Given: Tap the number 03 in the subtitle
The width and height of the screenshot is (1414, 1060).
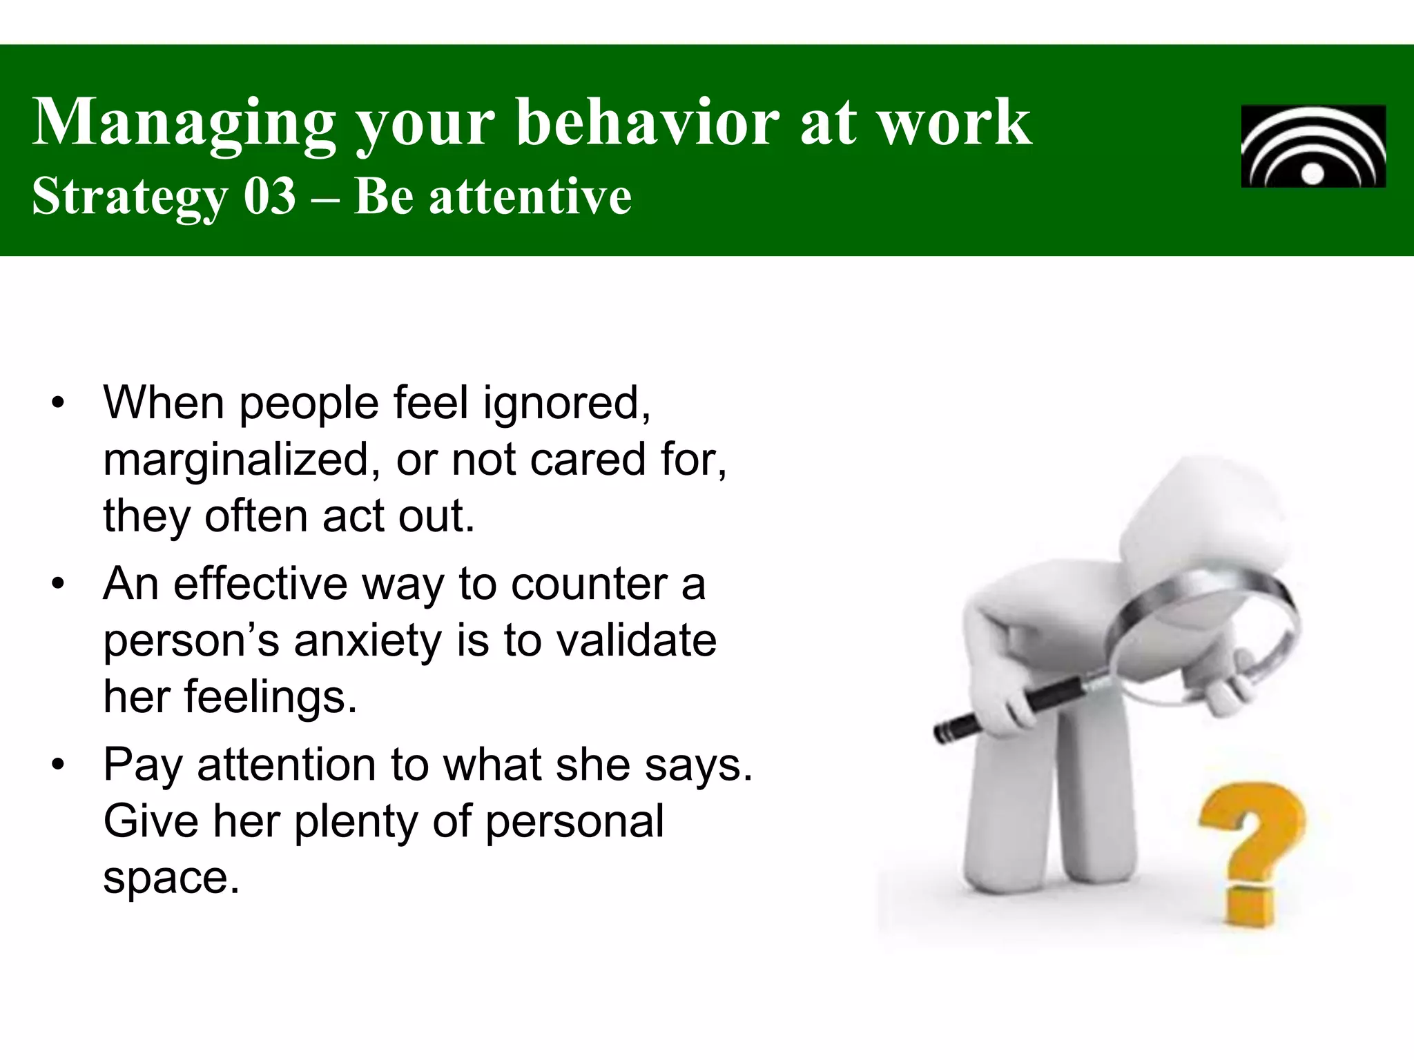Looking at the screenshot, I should [x=269, y=197].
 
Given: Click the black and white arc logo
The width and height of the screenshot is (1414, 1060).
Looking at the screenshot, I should [x=1313, y=146].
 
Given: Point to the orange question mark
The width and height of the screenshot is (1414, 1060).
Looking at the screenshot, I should [x=1251, y=849].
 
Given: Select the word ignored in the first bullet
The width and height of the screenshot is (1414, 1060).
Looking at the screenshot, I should [x=565, y=403].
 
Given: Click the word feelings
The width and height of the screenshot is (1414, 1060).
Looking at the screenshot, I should [x=270, y=698].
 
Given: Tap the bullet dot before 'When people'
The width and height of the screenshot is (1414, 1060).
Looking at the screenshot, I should [x=58, y=403].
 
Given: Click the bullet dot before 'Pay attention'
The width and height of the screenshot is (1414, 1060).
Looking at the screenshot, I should [x=58, y=765].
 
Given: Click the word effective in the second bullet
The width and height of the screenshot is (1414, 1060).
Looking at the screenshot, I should [x=260, y=585].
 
